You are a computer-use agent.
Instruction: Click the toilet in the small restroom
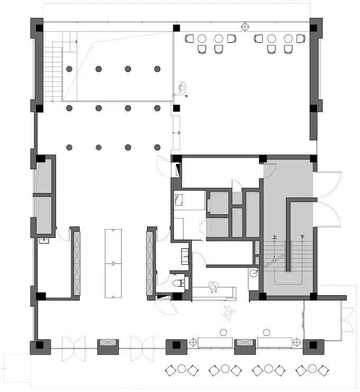(178, 283)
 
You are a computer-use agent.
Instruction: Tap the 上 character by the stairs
(274, 237)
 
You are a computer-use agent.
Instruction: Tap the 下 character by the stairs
(302, 237)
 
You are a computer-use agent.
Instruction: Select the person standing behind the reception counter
(214, 287)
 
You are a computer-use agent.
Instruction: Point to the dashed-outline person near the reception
(229, 312)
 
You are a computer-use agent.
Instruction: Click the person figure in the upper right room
(181, 90)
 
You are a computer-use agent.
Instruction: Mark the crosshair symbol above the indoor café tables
(245, 27)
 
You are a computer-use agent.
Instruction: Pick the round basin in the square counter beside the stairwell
(254, 273)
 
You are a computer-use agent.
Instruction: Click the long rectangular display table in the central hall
(113, 263)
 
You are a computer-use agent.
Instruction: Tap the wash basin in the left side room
(44, 241)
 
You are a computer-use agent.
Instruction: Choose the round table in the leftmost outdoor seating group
(182, 369)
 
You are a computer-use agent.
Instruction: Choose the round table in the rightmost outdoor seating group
(312, 369)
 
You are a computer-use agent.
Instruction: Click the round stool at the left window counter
(223, 333)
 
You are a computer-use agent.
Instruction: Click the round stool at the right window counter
(266, 333)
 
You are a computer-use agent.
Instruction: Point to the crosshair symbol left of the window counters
(193, 342)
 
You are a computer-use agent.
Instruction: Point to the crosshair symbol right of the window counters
(297, 342)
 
